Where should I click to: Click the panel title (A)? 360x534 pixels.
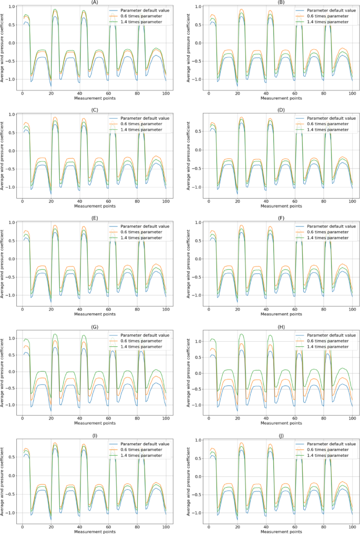pyautogui.click(x=93, y=2)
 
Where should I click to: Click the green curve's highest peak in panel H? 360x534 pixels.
pyautogui.click(x=241, y=334)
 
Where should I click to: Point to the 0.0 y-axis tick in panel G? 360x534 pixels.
pyautogui.click(x=13, y=372)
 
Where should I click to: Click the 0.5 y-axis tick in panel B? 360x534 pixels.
pyautogui.click(x=199, y=25)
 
